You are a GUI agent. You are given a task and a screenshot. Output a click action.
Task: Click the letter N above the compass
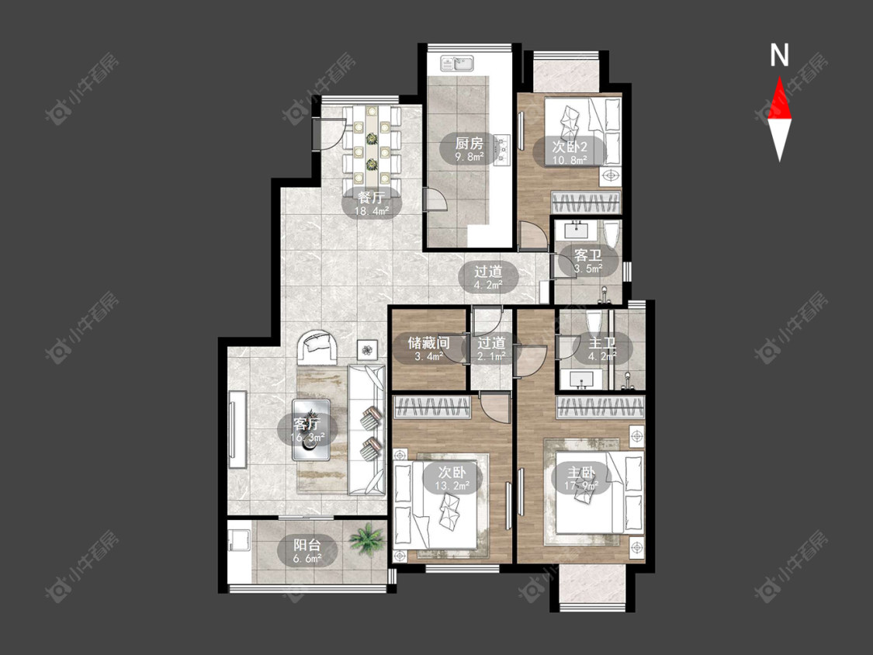point(779,55)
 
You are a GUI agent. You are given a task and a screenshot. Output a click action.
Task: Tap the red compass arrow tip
point(779,77)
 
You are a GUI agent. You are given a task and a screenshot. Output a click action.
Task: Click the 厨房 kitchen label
point(469,143)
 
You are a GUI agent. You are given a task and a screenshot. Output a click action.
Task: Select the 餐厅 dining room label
point(372,197)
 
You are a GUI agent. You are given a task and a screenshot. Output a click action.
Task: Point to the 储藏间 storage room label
point(428,342)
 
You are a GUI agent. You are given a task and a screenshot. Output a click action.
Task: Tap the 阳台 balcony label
point(307,544)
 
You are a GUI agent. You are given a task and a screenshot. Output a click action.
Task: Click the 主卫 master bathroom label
point(602,342)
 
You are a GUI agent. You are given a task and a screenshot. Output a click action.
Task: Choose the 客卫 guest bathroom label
point(588,255)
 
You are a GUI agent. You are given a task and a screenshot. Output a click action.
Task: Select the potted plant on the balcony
point(366,539)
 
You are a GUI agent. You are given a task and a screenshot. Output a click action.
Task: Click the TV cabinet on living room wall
point(237,429)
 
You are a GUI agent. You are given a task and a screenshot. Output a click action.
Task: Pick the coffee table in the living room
point(311,430)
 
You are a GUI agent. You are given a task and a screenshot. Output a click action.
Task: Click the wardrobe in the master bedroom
point(601,407)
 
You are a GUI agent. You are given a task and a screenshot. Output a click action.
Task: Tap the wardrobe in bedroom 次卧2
point(586,203)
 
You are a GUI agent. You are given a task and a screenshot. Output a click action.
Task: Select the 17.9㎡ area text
point(580,486)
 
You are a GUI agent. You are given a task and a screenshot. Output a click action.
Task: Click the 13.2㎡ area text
point(452,486)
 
